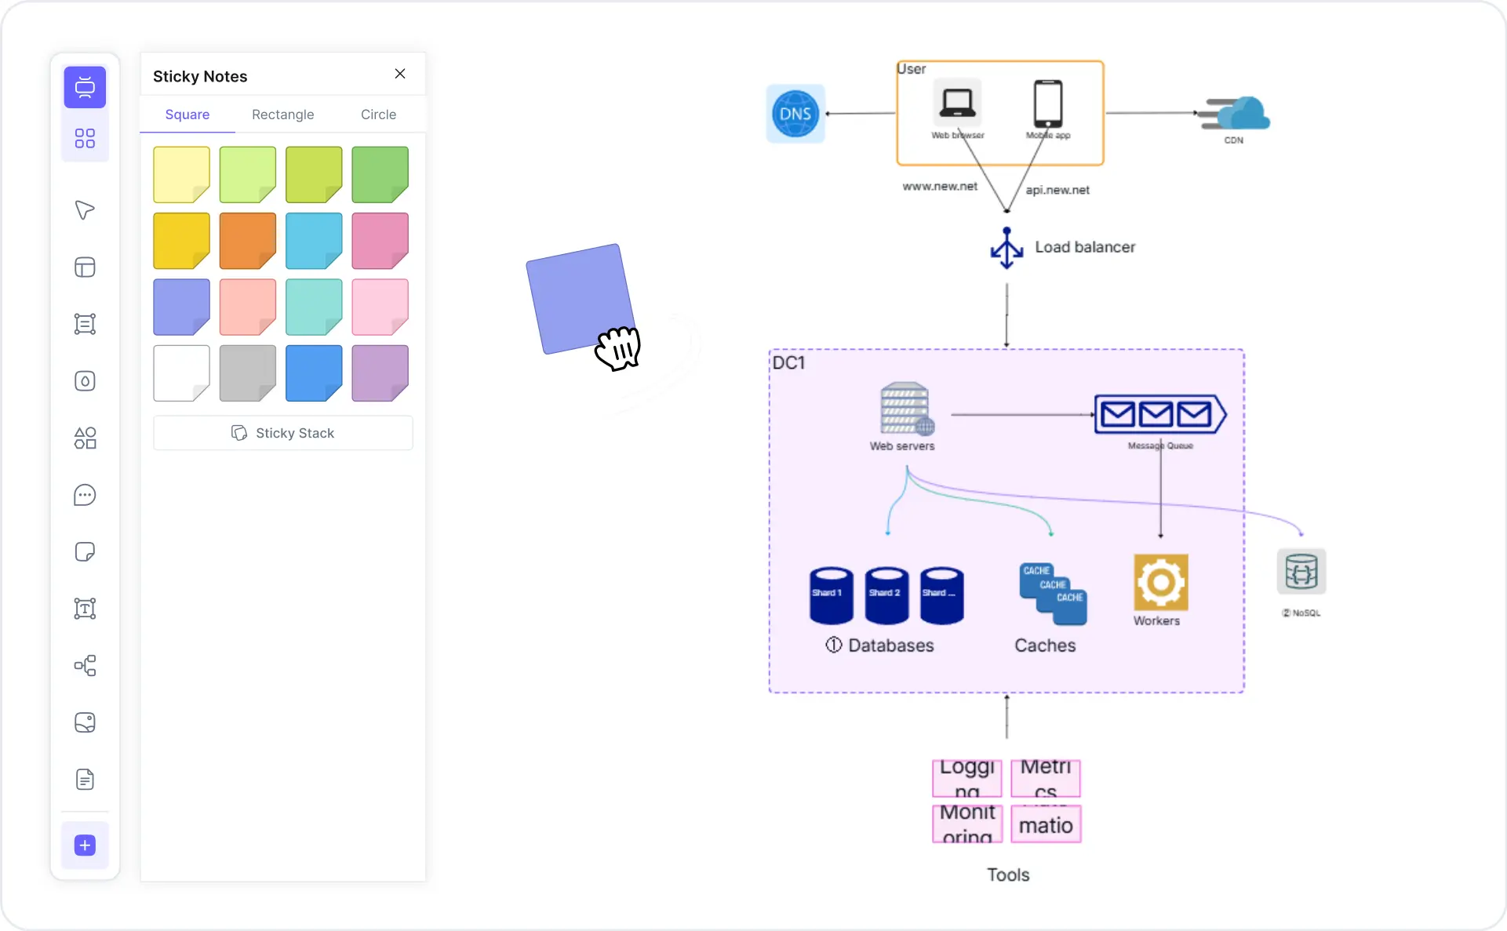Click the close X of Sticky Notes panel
(x=400, y=74)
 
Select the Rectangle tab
(x=282, y=115)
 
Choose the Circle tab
(x=378, y=115)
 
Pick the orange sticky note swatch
(x=247, y=241)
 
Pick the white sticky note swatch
(x=181, y=373)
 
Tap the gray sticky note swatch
(x=247, y=373)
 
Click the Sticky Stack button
(x=283, y=433)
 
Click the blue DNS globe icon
(x=795, y=114)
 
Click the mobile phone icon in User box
(x=1047, y=104)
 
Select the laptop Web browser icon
(x=957, y=104)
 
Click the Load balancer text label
(x=1084, y=247)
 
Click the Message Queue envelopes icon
(x=1159, y=414)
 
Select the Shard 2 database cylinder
(x=886, y=595)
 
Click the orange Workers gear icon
(x=1160, y=582)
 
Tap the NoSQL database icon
(x=1301, y=572)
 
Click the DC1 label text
(x=788, y=363)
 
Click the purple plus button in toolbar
(x=85, y=846)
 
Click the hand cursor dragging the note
(x=618, y=348)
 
